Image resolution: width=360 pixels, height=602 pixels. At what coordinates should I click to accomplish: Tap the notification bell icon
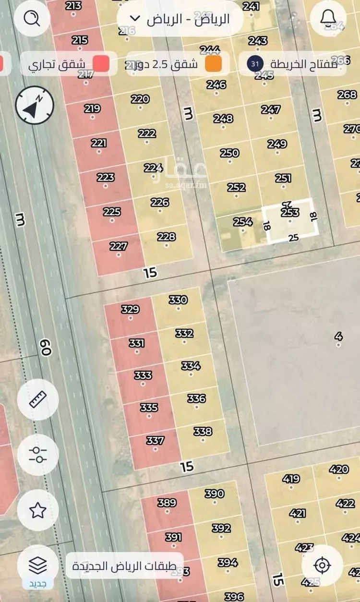[328, 18]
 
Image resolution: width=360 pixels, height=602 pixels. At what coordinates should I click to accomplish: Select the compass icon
[35, 105]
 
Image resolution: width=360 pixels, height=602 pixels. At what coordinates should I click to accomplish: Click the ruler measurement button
[38, 399]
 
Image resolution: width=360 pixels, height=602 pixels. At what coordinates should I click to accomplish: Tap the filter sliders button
[38, 455]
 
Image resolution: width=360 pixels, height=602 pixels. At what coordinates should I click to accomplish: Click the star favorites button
[38, 510]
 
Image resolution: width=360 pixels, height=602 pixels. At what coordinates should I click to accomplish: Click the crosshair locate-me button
[322, 566]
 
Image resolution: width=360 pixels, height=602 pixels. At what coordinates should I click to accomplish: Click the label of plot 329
[130, 309]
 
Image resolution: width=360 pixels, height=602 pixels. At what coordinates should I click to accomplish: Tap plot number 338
[203, 431]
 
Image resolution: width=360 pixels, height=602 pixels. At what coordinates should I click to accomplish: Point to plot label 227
[119, 246]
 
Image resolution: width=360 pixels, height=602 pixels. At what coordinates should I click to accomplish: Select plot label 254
[243, 222]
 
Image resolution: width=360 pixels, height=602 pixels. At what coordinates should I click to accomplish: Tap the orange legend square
[214, 64]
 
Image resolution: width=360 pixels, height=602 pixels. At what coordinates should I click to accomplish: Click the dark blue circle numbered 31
[254, 64]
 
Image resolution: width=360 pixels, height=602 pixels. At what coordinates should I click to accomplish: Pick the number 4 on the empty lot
[339, 336]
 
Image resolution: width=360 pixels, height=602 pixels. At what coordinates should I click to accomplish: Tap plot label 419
[291, 479]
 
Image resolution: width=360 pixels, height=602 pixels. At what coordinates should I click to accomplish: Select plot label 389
[167, 503]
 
